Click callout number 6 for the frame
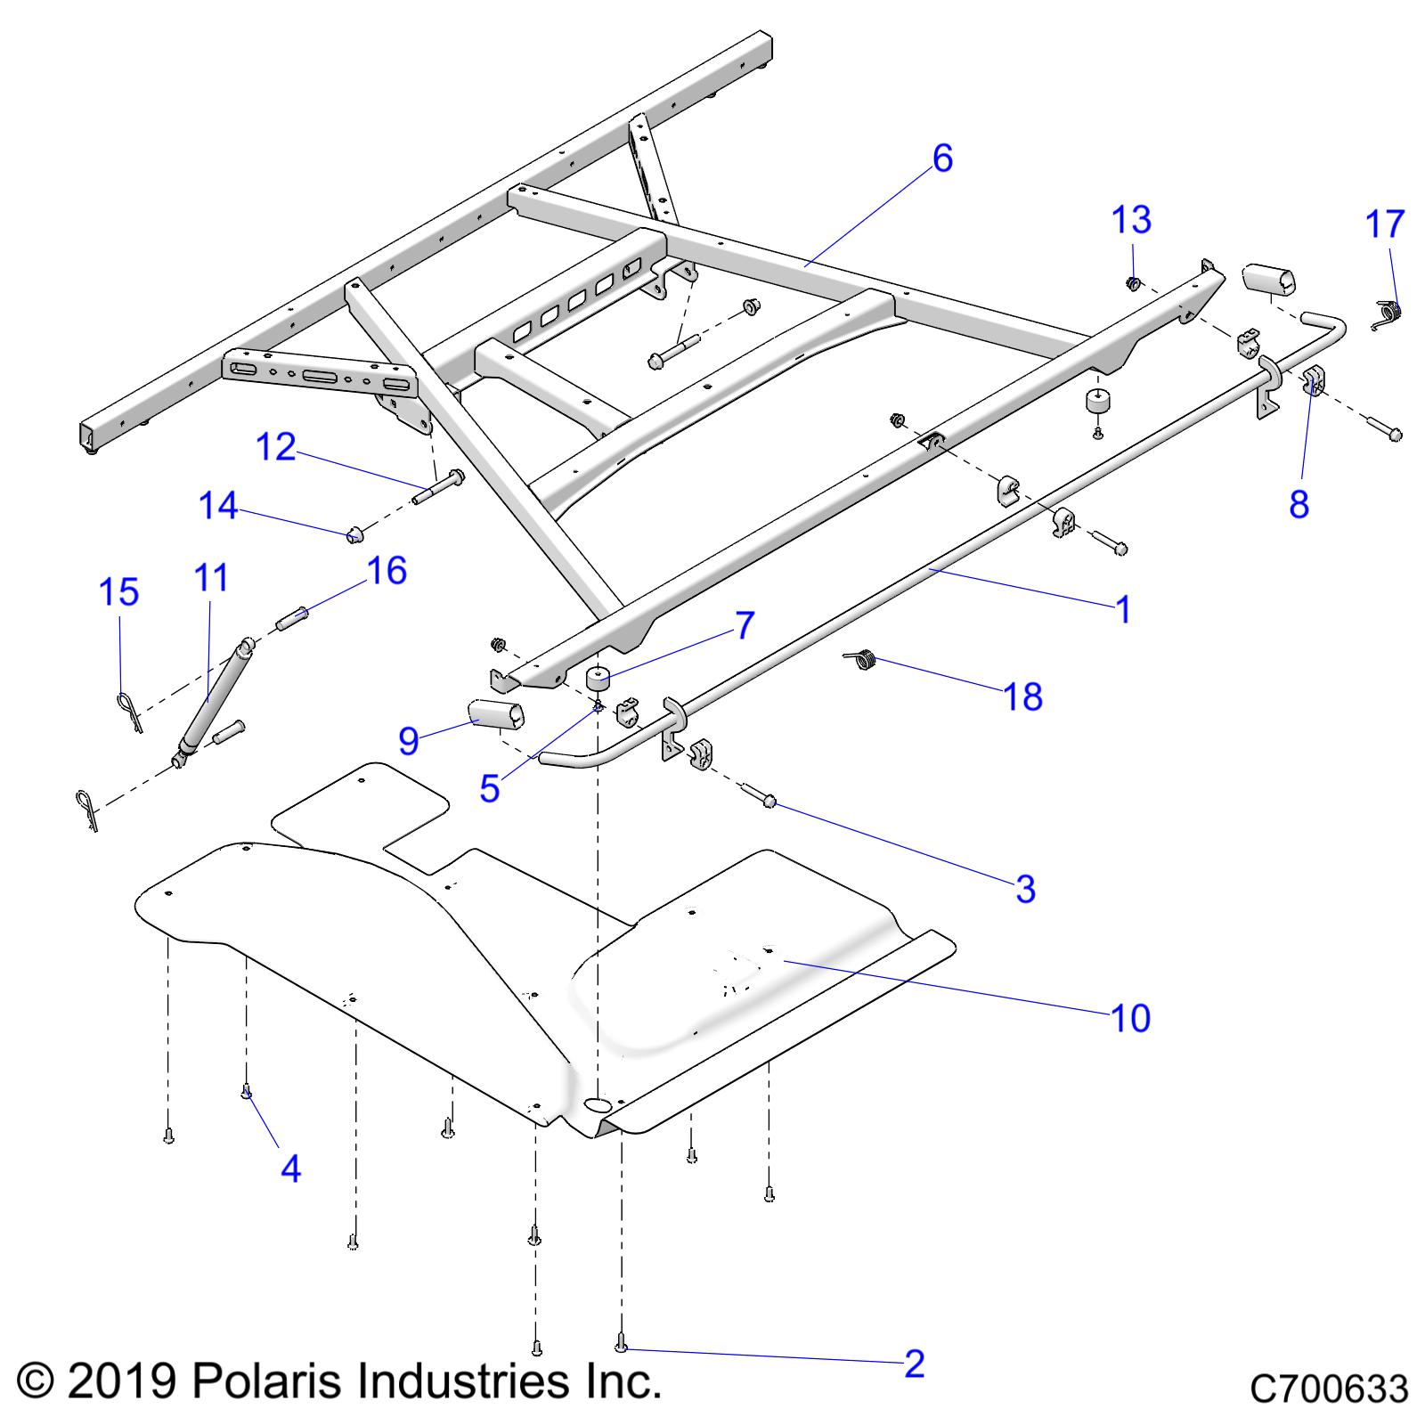pyautogui.click(x=942, y=159)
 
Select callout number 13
pyautogui.click(x=1132, y=220)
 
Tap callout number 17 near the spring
pyautogui.click(x=1385, y=224)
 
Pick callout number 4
pyautogui.click(x=290, y=1168)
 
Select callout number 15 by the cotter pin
pyautogui.click(x=120, y=592)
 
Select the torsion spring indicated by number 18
pyautogui.click(x=862, y=659)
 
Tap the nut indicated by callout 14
pyautogui.click(x=355, y=534)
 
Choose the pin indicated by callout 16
pyautogui.click(x=294, y=618)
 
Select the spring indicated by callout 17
pyautogui.click(x=1388, y=313)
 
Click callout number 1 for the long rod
pyautogui.click(x=1123, y=610)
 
